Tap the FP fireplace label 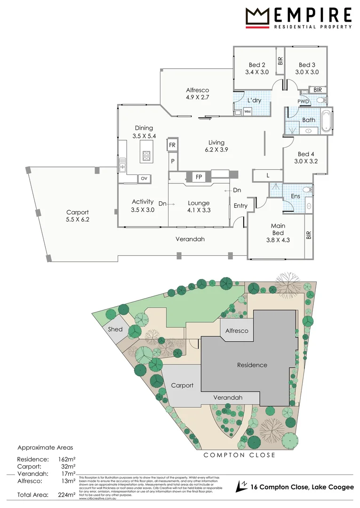click(199, 177)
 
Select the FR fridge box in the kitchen click(172, 145)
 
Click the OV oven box click(144, 178)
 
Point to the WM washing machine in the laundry click(247, 111)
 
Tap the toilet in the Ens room click(307, 190)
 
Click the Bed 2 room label click(257, 65)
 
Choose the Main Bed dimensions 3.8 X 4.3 click(278, 240)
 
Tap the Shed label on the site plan click(115, 329)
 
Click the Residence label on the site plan click(252, 365)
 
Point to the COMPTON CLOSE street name click(239, 455)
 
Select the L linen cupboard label click(268, 175)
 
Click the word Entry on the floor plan click(240, 206)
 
